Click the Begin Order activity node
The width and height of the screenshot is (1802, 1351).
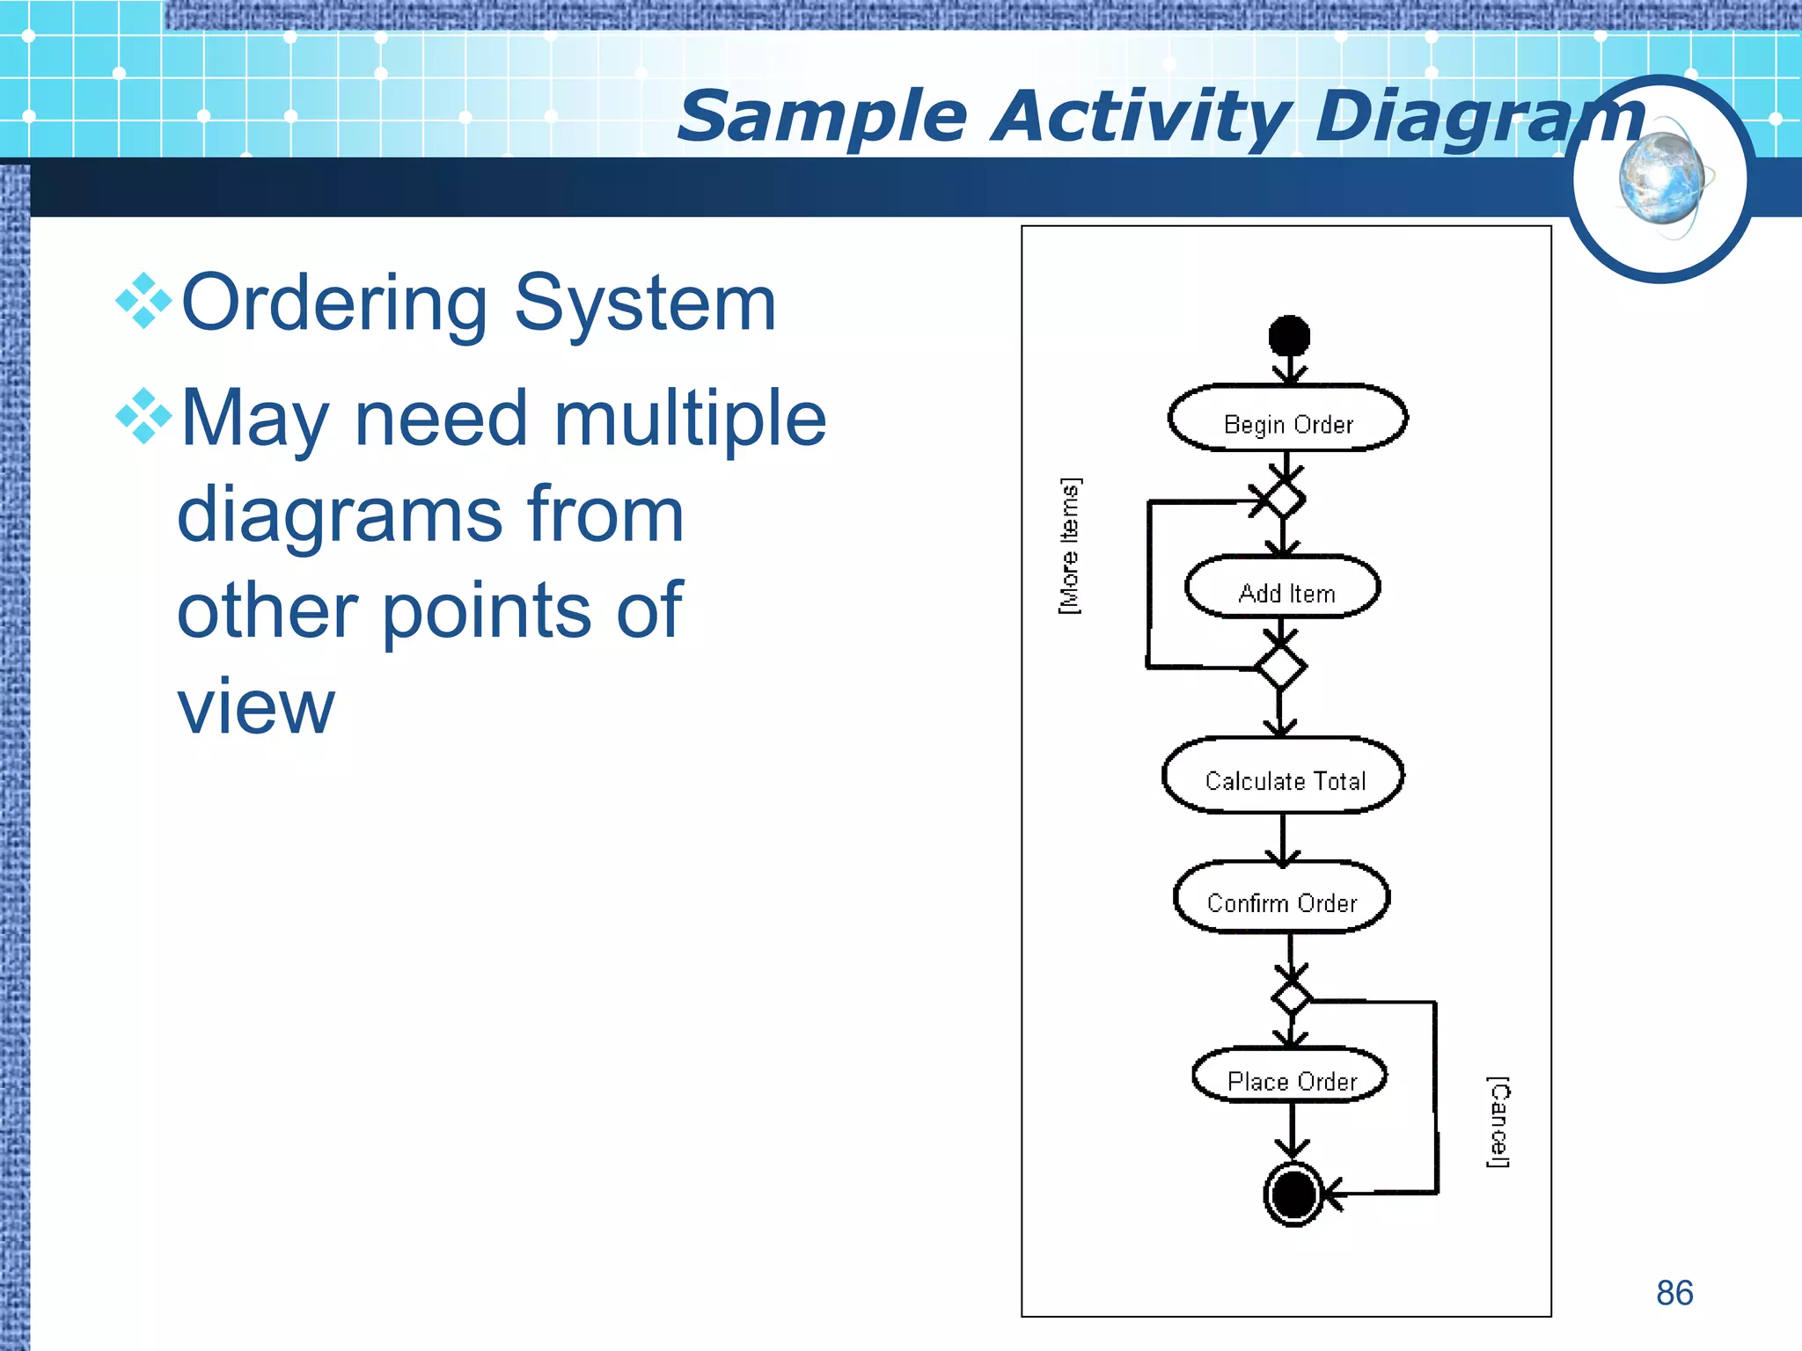[1287, 419]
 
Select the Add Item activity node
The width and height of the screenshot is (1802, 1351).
[1283, 588]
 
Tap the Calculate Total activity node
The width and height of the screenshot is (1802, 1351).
[1283, 776]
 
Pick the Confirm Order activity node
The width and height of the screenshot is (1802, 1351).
[1282, 898]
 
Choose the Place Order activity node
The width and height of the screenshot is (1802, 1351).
[1290, 1076]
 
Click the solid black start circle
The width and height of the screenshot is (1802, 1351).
[1289, 336]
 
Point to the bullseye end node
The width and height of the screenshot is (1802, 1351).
[1293, 1194]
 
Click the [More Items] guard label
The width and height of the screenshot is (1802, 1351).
[1070, 546]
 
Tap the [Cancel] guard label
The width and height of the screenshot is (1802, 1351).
[1499, 1121]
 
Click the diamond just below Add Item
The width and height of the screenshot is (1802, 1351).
[1280, 668]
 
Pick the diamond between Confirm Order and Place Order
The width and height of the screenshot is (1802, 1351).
[1292, 998]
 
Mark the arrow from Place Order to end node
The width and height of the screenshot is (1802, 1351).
[1292, 1131]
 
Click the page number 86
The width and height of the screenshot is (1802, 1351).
[1674, 1293]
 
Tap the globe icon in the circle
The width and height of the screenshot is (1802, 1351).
[1661, 179]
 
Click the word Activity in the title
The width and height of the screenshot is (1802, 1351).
[1141, 117]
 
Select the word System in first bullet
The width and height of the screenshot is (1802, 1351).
[645, 303]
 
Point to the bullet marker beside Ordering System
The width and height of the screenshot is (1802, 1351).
[143, 302]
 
